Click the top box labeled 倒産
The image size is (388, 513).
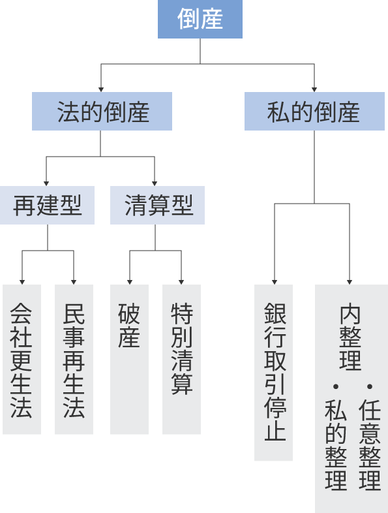click(200, 20)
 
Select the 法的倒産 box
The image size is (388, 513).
click(102, 112)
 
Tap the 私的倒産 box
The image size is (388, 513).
click(314, 112)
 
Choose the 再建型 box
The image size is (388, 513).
click(47, 206)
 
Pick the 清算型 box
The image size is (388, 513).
click(157, 206)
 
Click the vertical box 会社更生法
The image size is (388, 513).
click(22, 359)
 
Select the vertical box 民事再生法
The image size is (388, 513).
click(74, 359)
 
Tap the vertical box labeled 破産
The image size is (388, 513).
click(129, 359)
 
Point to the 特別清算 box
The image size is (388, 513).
click(181, 359)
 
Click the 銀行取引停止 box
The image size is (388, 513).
click(273, 372)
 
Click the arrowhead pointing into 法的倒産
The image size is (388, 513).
click(100, 88)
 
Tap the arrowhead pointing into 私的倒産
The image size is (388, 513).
click(314, 88)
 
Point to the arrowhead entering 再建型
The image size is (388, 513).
click(46, 183)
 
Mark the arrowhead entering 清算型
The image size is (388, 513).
click(155, 183)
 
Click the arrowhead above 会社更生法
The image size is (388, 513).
click(22, 281)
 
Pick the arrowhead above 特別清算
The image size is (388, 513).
click(181, 281)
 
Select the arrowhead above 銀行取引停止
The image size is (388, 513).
click(274, 281)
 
